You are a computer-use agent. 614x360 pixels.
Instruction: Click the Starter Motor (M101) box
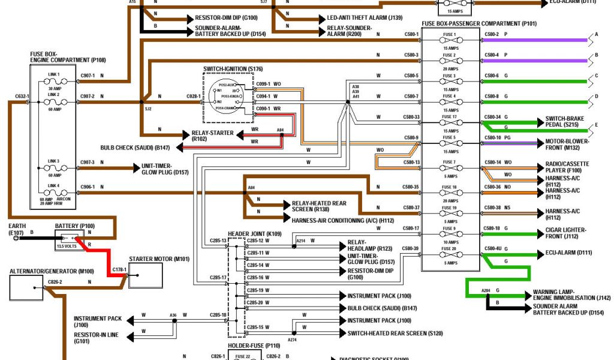point(146,275)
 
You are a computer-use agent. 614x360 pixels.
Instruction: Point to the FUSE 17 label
point(450,116)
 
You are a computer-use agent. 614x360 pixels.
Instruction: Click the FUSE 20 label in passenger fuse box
point(450,248)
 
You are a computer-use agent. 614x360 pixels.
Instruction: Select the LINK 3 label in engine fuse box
point(54,161)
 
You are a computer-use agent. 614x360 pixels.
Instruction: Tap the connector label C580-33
point(411,117)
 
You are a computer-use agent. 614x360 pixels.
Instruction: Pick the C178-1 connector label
point(120,270)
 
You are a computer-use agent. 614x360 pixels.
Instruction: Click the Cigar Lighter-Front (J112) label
point(565,233)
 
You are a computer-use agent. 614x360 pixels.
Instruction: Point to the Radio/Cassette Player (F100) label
point(567,166)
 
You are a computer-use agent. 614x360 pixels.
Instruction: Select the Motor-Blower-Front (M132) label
point(567,144)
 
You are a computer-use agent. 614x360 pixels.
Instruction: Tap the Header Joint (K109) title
point(255,233)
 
